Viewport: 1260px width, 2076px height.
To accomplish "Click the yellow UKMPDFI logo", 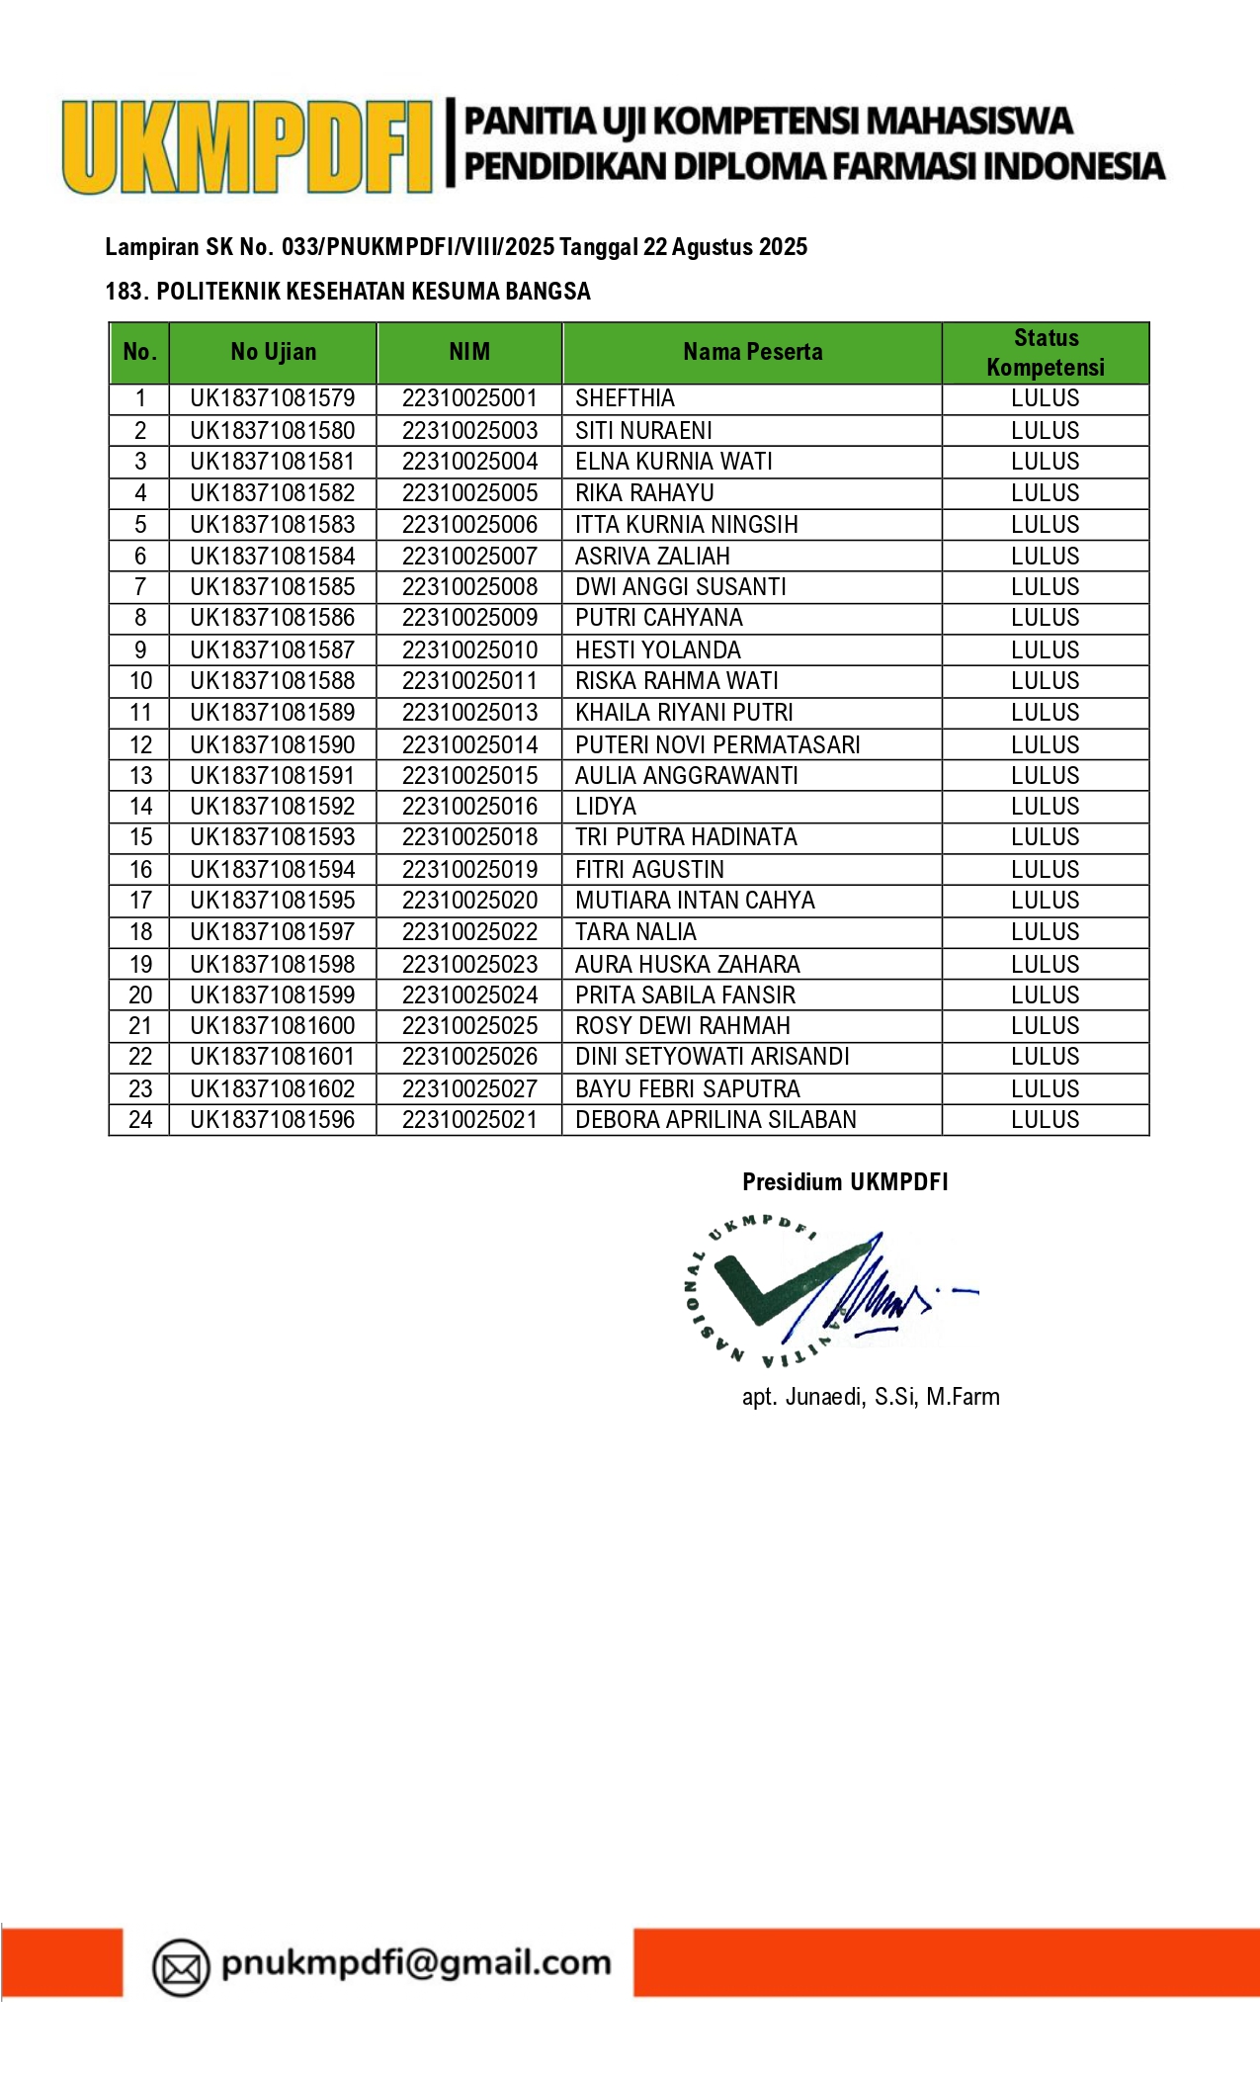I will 247,146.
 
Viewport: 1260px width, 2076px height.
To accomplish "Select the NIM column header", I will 469,352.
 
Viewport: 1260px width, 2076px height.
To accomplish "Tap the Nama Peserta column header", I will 752,352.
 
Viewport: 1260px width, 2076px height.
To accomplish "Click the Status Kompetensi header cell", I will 1046,352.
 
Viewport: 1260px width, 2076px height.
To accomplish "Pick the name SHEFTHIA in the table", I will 625,398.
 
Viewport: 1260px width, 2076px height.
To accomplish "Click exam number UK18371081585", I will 273,587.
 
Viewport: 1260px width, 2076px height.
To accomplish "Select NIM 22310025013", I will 469,713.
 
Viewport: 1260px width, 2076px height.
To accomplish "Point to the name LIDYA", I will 606,807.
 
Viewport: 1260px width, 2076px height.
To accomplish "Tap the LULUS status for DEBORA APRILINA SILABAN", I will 1046,1120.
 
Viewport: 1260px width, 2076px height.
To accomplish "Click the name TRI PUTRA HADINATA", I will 686,837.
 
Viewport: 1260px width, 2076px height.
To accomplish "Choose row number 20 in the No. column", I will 140,995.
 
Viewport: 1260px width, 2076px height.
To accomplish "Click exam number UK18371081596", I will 273,1120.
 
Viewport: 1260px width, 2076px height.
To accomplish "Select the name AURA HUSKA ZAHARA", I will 688,964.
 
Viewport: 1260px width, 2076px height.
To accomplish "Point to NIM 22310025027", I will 469,1089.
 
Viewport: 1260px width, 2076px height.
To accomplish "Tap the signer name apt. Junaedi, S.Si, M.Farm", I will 871,1397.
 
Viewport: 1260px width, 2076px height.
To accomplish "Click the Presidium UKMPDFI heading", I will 845,1182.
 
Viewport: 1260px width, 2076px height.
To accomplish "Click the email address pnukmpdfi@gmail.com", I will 416,1962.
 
